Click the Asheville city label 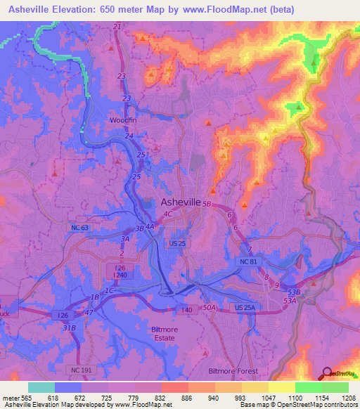176,202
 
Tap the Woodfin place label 122,120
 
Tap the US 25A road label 246,309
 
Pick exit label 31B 70,328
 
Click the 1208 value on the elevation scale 340,398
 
